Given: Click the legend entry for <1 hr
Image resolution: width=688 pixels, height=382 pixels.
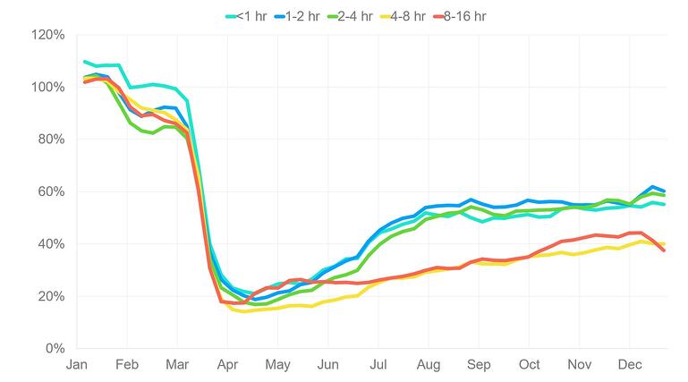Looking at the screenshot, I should pos(253,15).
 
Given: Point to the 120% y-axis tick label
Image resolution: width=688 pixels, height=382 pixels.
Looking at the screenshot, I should pos(47,35).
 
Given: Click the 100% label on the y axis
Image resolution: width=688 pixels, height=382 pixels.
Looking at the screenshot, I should pos(47,87).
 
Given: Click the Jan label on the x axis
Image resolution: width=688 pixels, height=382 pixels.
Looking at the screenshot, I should pos(77,364).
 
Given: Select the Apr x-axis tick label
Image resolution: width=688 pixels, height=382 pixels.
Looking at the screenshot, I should pos(228,364).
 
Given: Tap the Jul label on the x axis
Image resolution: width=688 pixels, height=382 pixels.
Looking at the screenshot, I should pos(378,364).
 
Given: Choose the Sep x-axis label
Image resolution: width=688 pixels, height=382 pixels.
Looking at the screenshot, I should pos(479,364).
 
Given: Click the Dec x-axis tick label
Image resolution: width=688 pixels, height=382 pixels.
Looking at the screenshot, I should pos(630,364).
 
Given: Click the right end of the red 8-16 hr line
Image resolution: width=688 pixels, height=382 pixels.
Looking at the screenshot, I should pos(664,250).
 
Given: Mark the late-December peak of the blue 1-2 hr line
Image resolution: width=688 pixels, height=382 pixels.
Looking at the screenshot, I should pos(653,186).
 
